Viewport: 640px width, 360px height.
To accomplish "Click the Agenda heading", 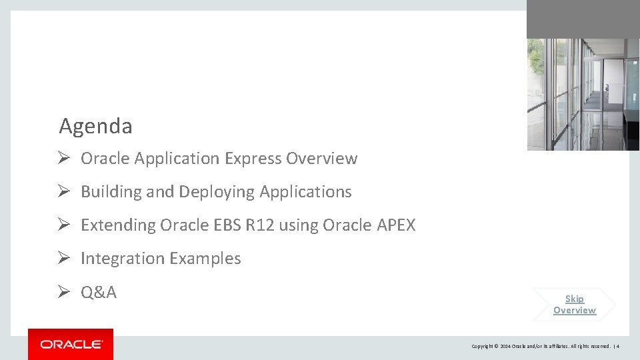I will click(x=95, y=126).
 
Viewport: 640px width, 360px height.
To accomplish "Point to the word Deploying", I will click(x=217, y=192).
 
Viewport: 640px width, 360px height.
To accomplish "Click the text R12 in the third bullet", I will click(x=260, y=225).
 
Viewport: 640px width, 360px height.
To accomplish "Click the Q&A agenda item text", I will click(x=99, y=292).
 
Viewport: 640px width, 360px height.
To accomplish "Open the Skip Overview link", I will click(x=574, y=305).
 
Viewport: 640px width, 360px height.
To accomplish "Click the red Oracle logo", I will click(x=71, y=344).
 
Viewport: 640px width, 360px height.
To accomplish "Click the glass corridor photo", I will click(x=583, y=94).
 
